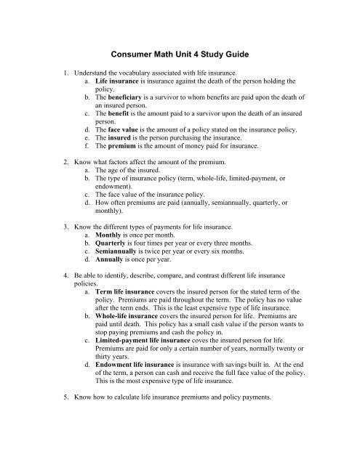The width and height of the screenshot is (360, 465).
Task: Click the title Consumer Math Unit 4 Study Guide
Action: click(x=180, y=53)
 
